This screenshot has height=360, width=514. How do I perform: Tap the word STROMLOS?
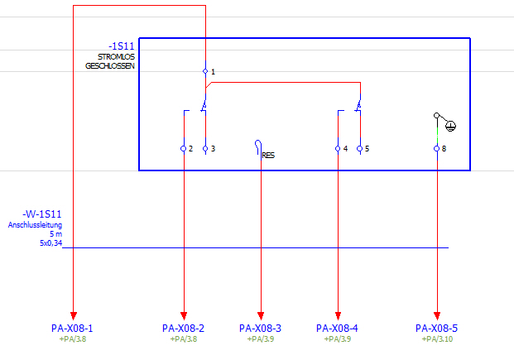click(x=116, y=56)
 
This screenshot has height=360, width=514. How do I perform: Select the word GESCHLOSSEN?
click(x=110, y=65)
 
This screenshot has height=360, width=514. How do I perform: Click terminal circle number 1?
click(x=205, y=72)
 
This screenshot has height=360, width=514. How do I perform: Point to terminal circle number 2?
click(x=183, y=149)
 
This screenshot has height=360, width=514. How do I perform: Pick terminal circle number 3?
click(x=205, y=149)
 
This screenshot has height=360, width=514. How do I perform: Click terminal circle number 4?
click(x=338, y=149)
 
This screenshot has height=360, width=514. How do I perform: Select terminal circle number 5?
click(x=359, y=149)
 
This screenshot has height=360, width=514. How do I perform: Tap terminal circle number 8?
click(x=436, y=149)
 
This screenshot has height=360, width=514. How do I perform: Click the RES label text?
click(x=268, y=154)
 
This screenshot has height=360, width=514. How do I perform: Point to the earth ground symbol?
click(x=450, y=126)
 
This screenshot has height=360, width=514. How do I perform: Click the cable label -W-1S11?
click(x=44, y=214)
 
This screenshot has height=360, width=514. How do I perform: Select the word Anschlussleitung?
click(x=35, y=225)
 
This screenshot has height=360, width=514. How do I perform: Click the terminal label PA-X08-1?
click(x=72, y=329)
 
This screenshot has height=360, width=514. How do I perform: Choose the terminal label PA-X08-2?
click(x=183, y=329)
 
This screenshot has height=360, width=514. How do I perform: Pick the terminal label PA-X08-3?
click(x=260, y=329)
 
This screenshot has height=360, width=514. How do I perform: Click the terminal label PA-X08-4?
click(x=337, y=329)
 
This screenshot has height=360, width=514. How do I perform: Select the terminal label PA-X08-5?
click(x=436, y=329)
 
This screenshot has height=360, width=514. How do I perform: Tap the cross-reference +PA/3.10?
click(x=436, y=339)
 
